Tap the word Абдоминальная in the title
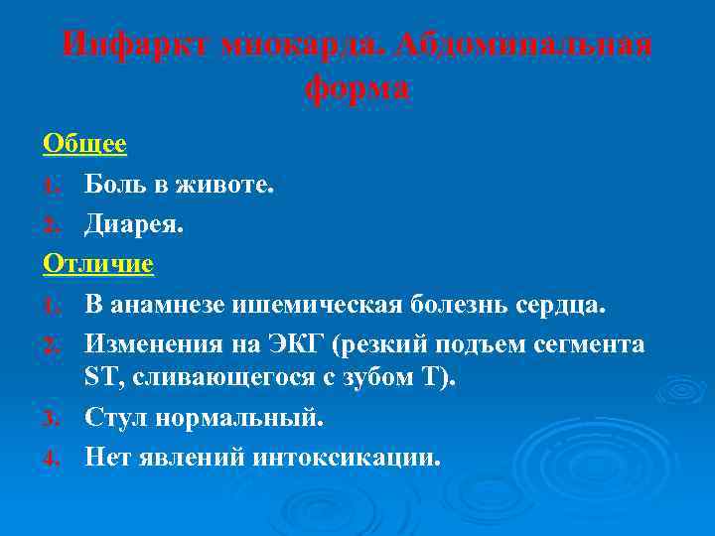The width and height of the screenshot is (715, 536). (x=525, y=45)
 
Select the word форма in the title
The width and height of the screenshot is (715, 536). (x=357, y=88)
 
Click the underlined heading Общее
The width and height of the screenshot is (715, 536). (x=85, y=144)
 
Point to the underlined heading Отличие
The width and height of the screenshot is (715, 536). (x=98, y=264)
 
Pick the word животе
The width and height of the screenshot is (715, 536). (x=223, y=184)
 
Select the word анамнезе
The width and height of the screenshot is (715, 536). (x=167, y=304)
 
